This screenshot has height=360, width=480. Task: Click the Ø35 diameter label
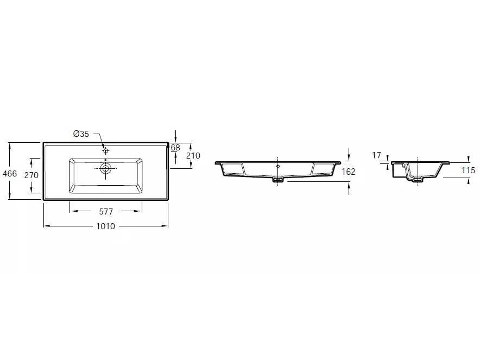[x=81, y=134]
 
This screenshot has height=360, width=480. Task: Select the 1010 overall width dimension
[x=106, y=226]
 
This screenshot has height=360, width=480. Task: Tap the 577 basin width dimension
[x=106, y=212]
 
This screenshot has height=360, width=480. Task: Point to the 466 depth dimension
[x=10, y=174]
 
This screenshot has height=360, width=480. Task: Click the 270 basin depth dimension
[x=31, y=175]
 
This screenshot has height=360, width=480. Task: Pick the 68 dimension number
[x=175, y=148]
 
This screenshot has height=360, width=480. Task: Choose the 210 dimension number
[x=193, y=155]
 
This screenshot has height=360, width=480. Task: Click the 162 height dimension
[x=349, y=172]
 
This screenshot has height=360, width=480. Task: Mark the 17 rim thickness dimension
[x=376, y=155]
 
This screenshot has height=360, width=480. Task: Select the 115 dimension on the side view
[x=469, y=170]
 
